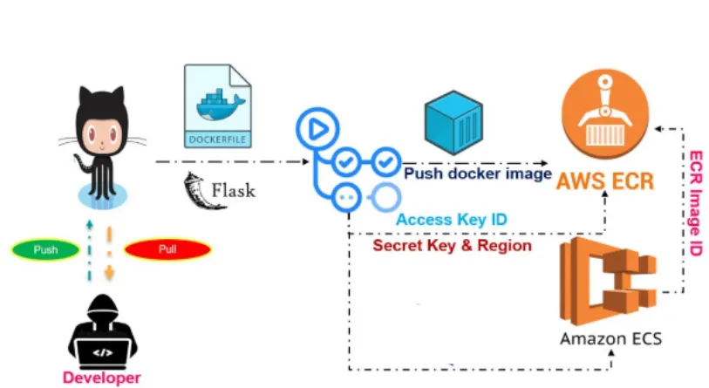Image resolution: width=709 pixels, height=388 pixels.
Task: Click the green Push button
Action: [46, 250]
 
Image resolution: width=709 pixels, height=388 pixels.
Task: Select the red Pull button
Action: [167, 250]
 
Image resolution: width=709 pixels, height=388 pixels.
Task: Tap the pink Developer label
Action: [101, 378]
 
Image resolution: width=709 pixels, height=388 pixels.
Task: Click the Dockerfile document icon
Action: [218, 106]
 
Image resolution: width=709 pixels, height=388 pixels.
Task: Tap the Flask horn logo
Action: [195, 188]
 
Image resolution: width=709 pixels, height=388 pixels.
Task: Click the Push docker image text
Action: [477, 174]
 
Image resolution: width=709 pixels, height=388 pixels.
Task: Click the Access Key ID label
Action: [452, 220]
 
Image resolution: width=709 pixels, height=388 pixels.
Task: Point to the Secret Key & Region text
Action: [452, 245]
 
